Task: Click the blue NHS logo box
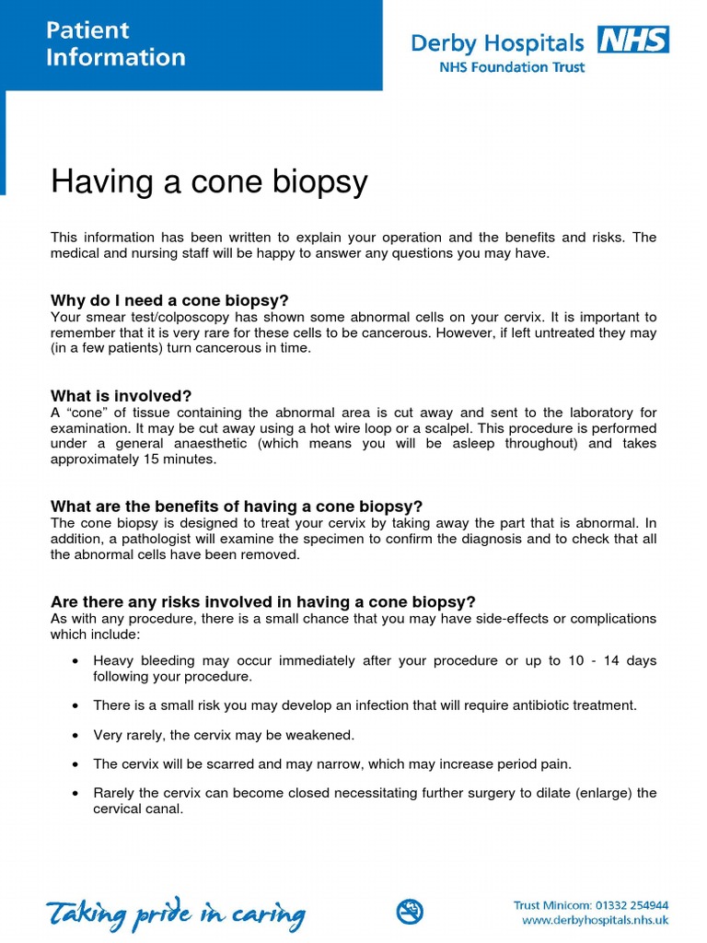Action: tap(633, 41)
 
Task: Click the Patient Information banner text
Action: tap(116, 44)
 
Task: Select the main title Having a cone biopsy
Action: tap(209, 181)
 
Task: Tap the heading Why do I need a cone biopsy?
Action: tap(169, 300)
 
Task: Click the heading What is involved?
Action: tap(121, 396)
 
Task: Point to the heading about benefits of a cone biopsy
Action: tap(237, 506)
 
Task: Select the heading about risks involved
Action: tap(262, 602)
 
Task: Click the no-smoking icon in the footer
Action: tap(410, 912)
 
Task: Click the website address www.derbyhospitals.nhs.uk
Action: tap(595, 920)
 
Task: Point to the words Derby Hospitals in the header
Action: tap(497, 43)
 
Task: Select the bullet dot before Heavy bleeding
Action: tap(75, 662)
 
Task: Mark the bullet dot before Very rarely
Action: tap(75, 736)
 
